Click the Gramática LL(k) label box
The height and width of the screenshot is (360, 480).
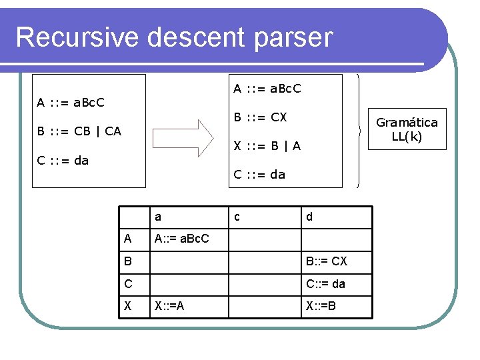coord(407,129)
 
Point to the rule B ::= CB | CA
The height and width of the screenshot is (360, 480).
coord(79,131)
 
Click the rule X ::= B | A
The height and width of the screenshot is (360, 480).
coord(267,146)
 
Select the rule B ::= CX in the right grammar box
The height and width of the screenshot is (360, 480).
coord(260,117)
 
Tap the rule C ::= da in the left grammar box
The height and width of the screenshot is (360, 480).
coord(63,160)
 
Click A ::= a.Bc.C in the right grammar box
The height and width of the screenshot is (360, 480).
coord(267,88)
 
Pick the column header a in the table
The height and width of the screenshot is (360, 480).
coord(158,217)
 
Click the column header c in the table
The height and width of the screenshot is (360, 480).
coord(236,217)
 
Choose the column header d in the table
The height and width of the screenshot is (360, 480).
coord(309,217)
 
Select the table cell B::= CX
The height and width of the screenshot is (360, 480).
coord(326,261)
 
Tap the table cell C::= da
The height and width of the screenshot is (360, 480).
coord(325,284)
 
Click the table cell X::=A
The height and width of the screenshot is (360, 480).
coord(170,307)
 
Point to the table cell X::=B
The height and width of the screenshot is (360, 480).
coord(321,307)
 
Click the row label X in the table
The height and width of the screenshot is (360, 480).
coord(128,307)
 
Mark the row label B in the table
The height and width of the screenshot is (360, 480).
coord(128,261)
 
